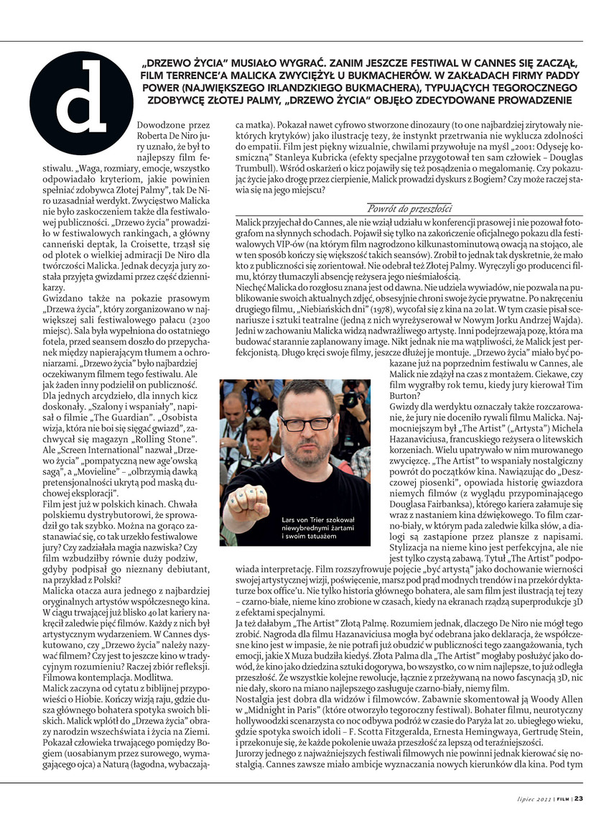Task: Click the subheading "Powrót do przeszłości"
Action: pyautogui.click(x=409, y=208)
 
